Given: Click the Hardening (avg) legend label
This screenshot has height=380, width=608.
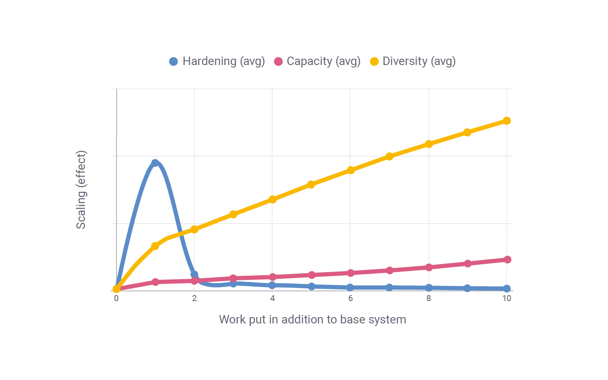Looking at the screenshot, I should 223,61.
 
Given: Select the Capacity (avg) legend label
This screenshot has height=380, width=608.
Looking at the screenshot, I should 323,61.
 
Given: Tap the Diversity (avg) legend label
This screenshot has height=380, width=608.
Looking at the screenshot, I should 419,61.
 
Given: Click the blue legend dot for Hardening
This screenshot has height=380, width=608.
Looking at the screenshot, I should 174,61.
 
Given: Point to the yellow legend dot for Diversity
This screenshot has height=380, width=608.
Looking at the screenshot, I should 374,61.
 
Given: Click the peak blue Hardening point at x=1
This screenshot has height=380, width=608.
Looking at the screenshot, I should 155,163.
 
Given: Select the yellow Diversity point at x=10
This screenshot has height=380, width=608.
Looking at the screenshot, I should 507,121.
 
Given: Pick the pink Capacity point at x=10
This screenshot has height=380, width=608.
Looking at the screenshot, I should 507,259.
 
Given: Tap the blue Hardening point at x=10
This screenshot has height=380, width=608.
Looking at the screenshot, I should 507,288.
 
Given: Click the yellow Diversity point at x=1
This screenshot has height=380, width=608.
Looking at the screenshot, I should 155,246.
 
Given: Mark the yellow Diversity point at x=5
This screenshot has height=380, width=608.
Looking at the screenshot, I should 311,185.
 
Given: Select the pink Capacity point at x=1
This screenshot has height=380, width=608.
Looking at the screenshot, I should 155,282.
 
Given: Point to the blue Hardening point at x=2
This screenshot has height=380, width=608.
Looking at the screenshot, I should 194,274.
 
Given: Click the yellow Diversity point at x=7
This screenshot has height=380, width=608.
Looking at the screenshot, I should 389,156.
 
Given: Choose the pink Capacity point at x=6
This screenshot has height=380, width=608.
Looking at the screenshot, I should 350,273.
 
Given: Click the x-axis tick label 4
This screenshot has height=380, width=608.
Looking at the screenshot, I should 272,299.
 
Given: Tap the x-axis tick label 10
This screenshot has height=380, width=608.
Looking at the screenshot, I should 507,299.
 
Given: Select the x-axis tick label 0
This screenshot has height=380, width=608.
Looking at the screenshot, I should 117,299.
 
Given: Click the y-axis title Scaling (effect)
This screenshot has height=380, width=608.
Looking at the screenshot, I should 81,190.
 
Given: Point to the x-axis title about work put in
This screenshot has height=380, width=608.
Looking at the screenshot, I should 312,320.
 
